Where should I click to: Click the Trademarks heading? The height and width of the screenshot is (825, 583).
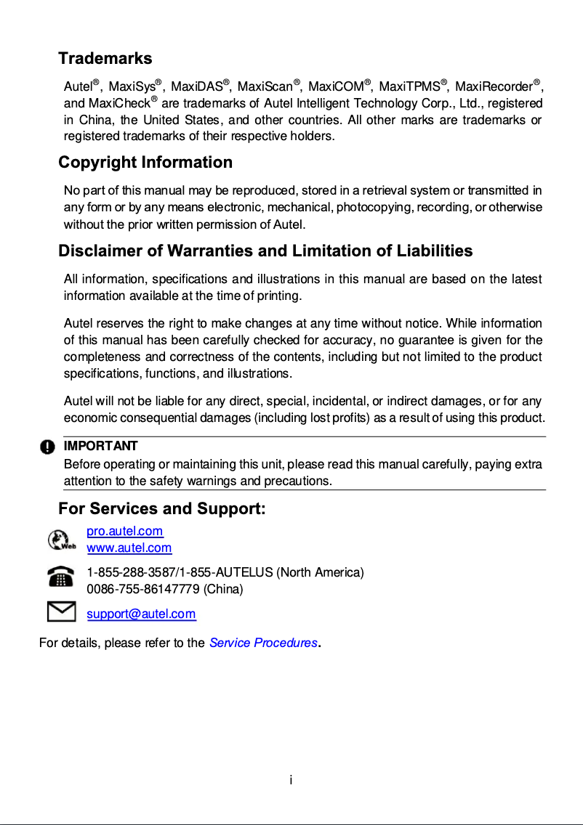point(105,58)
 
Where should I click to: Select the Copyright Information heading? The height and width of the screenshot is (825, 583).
point(145,162)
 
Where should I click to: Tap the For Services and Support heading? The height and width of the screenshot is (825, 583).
point(161,508)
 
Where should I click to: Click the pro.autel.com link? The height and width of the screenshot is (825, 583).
point(125,532)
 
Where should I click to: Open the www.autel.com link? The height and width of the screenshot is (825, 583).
point(129,548)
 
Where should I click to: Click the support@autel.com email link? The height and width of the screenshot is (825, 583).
point(141,614)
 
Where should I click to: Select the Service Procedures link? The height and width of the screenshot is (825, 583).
point(263,643)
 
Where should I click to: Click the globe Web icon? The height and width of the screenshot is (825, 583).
point(60,540)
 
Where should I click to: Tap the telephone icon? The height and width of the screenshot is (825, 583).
point(61,577)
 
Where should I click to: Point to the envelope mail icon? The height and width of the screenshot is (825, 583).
point(61,611)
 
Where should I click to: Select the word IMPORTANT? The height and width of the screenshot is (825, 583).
point(101,446)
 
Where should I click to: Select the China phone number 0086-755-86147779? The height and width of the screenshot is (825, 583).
point(143,589)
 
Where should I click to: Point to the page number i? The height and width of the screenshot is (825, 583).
point(291,781)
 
